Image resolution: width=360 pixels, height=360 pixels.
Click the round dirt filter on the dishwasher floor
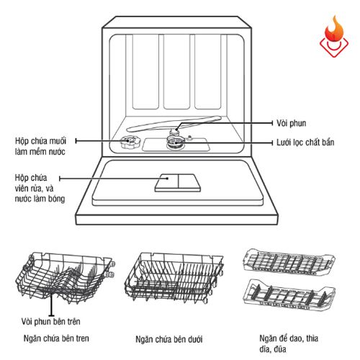point(175,143)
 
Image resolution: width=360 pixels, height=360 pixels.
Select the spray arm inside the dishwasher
point(180,126)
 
